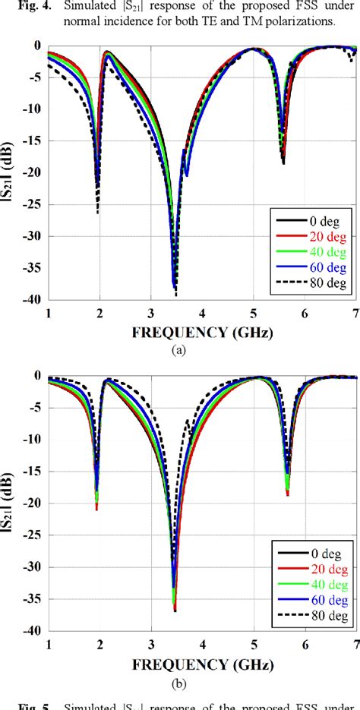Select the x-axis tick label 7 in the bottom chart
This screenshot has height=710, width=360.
355,644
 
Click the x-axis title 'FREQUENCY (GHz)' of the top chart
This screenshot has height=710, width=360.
202,332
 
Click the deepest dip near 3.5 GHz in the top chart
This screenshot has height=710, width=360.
176,295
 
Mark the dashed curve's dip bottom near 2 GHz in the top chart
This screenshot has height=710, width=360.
98,213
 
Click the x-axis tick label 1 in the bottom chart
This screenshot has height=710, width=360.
49,644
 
